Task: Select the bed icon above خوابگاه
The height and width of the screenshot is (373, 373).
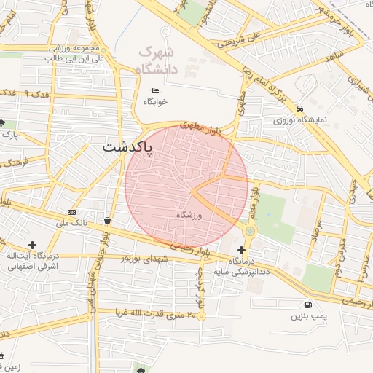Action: (154, 90)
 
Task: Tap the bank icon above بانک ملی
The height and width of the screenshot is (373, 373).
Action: (71, 211)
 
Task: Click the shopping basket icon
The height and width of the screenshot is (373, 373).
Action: (108, 220)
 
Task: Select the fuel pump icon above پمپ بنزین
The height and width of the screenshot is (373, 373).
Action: (310, 305)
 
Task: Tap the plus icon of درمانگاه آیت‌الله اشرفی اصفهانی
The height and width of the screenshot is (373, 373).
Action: (32, 245)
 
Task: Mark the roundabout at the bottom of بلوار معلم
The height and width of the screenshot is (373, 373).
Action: (250, 231)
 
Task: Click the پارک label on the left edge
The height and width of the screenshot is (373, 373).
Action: (9, 135)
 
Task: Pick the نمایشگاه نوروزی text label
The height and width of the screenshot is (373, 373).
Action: (300, 119)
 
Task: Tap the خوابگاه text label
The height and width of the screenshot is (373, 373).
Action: (154, 101)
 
